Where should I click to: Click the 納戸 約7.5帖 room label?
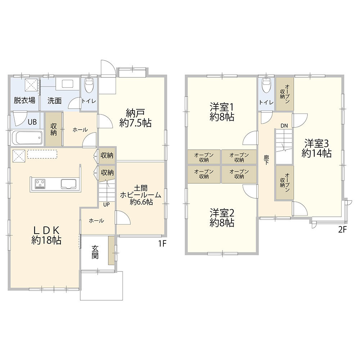pyautogui.click(x=135, y=118)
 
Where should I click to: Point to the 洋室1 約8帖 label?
pyautogui.click(x=222, y=112)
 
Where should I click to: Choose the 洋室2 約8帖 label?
pyautogui.click(x=222, y=218)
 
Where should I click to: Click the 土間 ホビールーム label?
pyautogui.click(x=141, y=192)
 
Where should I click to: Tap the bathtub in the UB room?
pyautogui.click(x=27, y=137)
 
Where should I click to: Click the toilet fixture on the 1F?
pyautogui.click(x=89, y=85)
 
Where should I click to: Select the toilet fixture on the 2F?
pyautogui.click(x=266, y=85)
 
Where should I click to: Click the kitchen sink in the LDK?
pyautogui.click(x=68, y=184)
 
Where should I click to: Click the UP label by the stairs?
pyautogui.click(x=106, y=204)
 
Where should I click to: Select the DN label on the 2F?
pyautogui.click(x=284, y=126)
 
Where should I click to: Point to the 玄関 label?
pyautogui.click(x=95, y=252)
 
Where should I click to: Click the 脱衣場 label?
pyautogui.click(x=24, y=100)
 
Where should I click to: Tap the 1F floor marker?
pyautogui.click(x=162, y=244)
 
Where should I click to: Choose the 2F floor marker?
pyautogui.click(x=342, y=230)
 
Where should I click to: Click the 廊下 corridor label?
pyautogui.click(x=266, y=160)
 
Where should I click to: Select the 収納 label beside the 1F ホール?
pyautogui.click(x=54, y=130)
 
